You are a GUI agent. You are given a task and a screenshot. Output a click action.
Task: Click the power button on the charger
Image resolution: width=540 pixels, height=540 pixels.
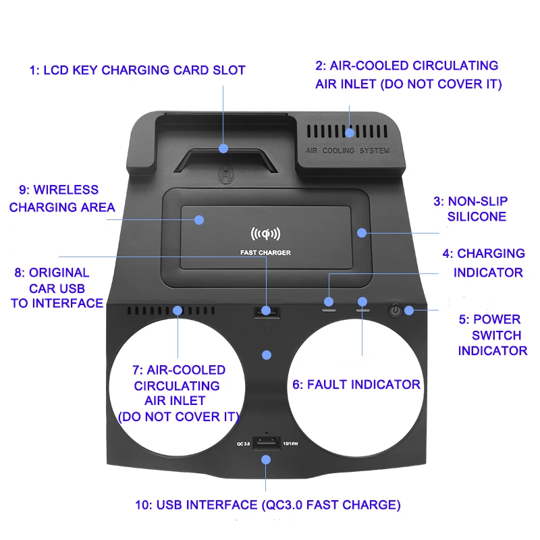coord(395,310)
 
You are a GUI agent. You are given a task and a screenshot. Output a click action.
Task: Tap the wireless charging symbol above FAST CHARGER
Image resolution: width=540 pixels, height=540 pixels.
coord(265,234)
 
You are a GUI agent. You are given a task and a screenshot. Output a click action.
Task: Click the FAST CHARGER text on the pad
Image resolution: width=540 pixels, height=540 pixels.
coord(265,253)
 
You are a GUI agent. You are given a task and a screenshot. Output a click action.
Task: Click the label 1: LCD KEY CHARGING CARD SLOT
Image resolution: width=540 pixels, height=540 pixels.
coord(137,70)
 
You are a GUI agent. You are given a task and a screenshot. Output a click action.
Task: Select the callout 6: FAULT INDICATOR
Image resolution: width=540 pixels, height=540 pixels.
coord(356,385)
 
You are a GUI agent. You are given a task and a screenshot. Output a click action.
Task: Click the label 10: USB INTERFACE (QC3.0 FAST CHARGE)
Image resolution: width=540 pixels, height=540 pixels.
coord(278,504)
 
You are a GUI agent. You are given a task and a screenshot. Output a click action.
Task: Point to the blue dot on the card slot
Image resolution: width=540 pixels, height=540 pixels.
coord(223,148)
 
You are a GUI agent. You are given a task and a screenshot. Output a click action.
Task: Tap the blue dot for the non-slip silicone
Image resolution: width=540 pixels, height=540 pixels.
coord(362,232)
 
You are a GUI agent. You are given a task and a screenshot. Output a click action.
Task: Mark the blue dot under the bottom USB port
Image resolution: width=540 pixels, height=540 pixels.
coord(266,460)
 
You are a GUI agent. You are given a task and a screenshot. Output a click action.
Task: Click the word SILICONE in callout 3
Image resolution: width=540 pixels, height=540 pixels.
coord(477,217)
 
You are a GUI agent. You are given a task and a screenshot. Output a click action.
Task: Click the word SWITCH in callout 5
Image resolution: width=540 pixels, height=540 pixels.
coord(496,335)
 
